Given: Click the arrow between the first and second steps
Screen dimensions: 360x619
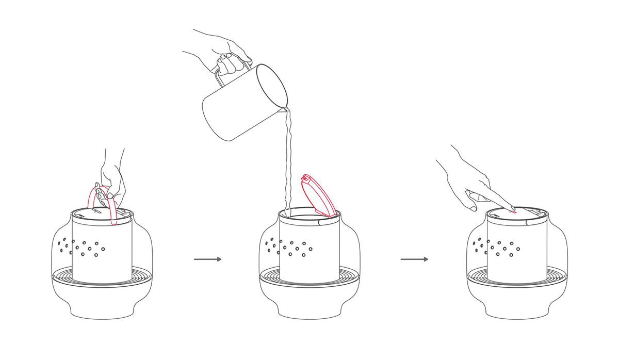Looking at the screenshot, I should [207, 259].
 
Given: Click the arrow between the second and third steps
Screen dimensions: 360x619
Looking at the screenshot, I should [414, 259].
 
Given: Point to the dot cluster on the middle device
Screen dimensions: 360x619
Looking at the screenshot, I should [289, 248].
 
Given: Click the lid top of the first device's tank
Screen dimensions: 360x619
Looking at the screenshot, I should [102, 213].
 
